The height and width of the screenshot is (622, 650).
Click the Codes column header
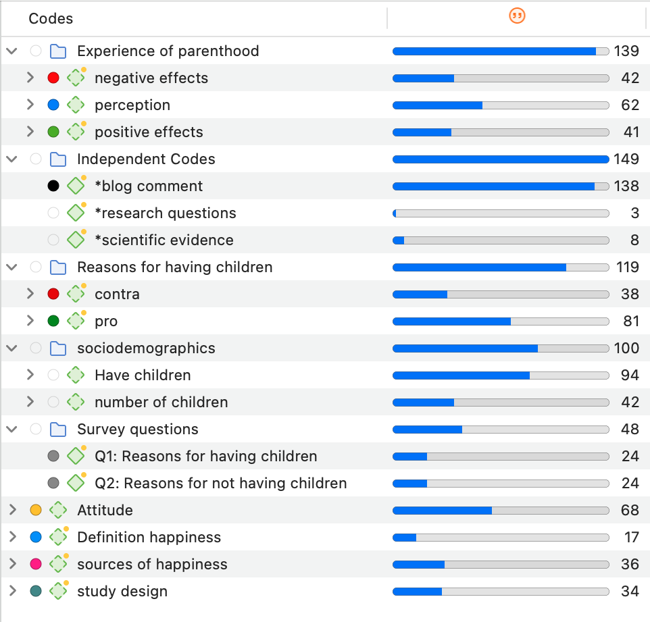pos(51,19)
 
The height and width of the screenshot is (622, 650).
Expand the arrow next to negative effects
pos(30,78)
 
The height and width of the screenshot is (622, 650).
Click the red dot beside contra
pos(53,294)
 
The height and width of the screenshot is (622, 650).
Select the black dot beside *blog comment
pos(53,186)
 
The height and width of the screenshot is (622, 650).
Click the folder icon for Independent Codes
pos(59,159)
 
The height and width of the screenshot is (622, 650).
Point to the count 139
pos(626,51)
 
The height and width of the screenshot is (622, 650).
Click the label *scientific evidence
pos(164,240)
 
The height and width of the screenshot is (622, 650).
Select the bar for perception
pos(501,105)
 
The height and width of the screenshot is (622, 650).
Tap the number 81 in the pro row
pos(631,321)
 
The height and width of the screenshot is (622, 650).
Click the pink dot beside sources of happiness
pos(36,564)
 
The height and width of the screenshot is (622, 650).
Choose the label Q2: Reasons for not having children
pos(220,484)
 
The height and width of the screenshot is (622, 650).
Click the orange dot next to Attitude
pos(36,510)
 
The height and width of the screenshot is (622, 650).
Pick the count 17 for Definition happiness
pos(631,538)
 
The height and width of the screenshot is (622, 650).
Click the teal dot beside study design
pos(36,591)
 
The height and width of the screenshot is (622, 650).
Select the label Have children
pos(143,375)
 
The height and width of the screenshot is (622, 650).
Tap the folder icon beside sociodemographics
pos(59,348)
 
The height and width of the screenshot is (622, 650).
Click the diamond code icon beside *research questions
pos(76,213)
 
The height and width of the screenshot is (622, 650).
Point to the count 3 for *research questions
pos(634,213)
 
